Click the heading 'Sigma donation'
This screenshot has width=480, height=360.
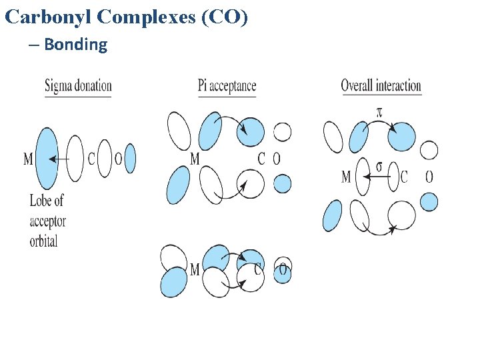point(78,86)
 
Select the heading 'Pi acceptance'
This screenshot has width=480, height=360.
point(227,85)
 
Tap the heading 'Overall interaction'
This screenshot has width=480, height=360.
point(381,85)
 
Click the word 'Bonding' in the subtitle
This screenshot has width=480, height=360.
point(75,45)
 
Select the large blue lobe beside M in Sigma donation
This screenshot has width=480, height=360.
point(47,158)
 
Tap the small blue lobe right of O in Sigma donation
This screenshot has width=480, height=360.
point(130,159)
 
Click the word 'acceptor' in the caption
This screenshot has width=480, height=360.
point(47,221)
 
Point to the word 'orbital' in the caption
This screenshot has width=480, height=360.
point(44,241)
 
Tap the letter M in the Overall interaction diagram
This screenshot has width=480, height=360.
point(346,177)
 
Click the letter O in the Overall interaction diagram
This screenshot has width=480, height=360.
point(429,177)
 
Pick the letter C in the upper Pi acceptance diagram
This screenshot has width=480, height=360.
point(261,159)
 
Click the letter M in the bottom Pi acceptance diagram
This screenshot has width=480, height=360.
point(195,270)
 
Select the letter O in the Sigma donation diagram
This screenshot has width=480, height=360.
point(118,159)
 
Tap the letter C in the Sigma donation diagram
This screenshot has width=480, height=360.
point(91,159)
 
